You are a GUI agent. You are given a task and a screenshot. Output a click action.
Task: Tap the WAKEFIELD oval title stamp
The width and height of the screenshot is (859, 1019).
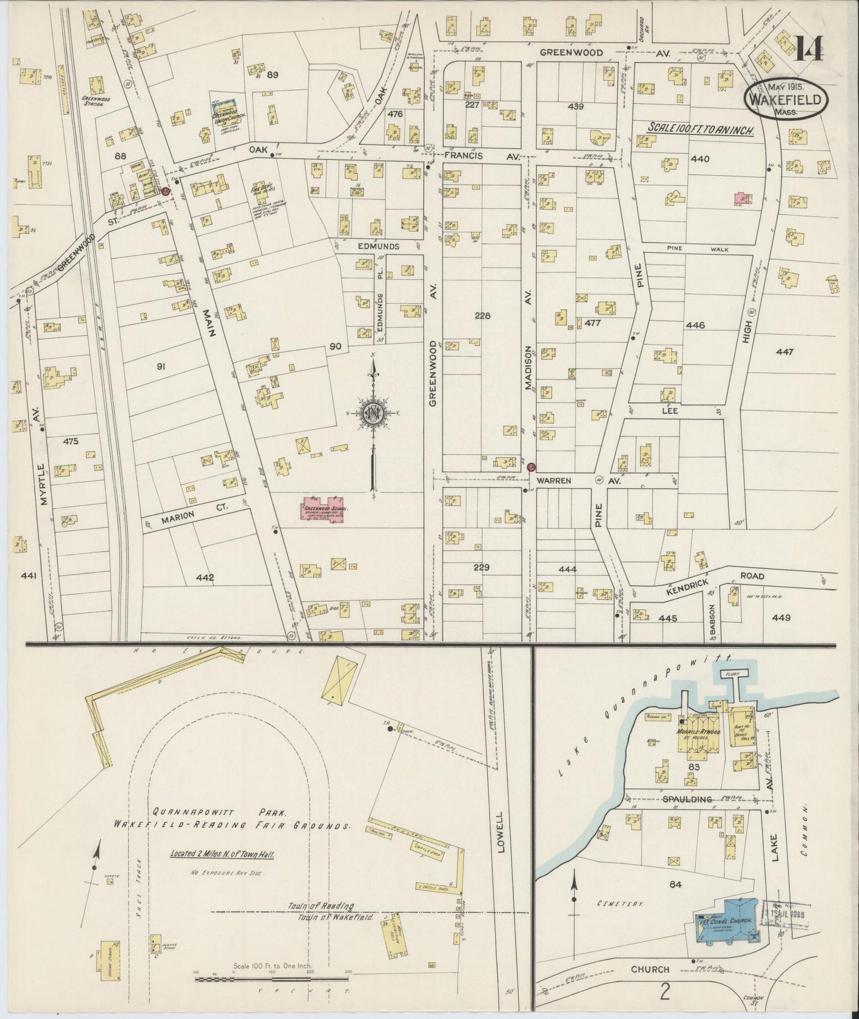[785, 100]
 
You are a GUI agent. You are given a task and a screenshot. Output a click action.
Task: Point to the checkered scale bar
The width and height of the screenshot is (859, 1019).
[272, 977]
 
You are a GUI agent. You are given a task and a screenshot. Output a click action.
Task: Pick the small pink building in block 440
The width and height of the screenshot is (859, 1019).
[741, 199]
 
